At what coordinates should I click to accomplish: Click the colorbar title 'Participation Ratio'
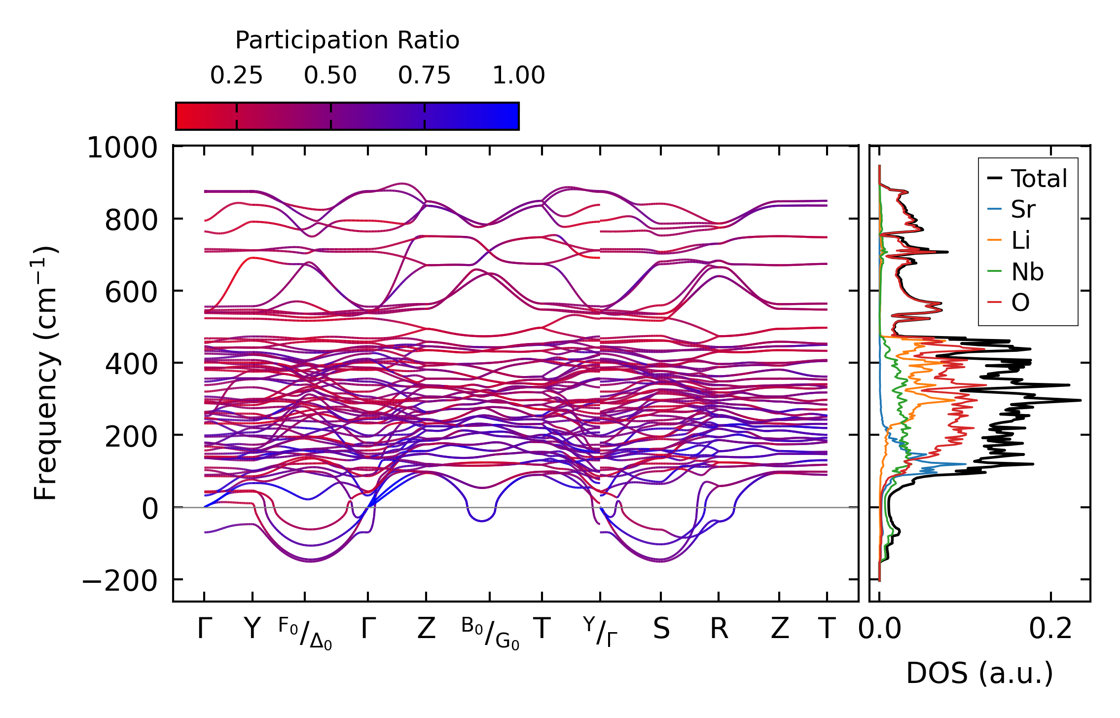[x=347, y=40]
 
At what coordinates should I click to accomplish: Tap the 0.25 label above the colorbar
[x=236, y=76]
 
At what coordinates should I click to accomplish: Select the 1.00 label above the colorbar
[x=519, y=76]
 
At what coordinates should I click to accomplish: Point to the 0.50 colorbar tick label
[x=330, y=76]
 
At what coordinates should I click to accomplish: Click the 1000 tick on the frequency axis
[x=122, y=148]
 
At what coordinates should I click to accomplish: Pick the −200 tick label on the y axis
[x=119, y=581]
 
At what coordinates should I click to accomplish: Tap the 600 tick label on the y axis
[x=131, y=292]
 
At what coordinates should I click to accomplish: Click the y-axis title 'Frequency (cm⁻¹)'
[x=46, y=373]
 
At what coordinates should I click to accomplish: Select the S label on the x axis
[x=661, y=629]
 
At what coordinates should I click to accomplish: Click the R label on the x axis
[x=719, y=629]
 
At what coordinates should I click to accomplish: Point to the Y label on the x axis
[x=252, y=629]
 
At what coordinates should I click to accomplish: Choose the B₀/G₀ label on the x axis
[x=490, y=633]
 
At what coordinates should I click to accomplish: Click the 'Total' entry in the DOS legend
[x=1039, y=179]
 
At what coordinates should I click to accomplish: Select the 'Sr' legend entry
[x=1023, y=210]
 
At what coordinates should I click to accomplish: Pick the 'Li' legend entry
[x=1021, y=241]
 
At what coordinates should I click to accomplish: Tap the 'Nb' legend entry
[x=1027, y=272]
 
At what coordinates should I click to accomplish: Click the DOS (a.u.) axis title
[x=979, y=673]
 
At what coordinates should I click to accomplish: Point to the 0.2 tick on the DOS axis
[x=1050, y=629]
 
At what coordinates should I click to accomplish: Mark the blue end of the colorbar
[x=513, y=116]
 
